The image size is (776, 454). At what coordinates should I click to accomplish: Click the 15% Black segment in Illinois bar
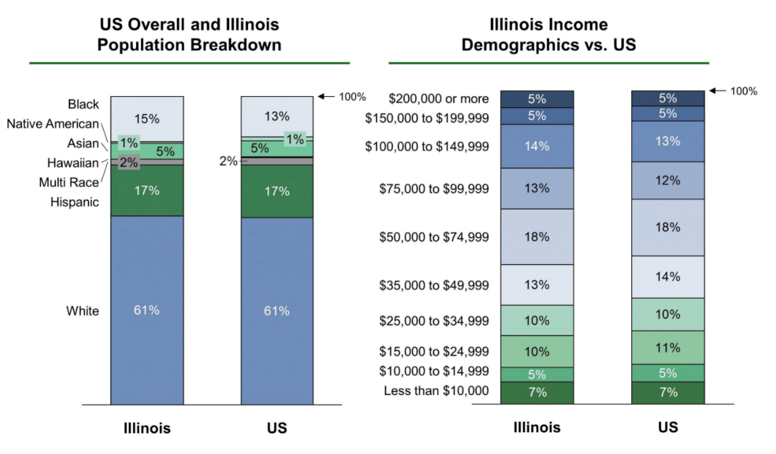click(146, 117)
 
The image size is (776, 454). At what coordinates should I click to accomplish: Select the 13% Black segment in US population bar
click(277, 116)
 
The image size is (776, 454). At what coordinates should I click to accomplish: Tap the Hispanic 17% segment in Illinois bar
click(146, 191)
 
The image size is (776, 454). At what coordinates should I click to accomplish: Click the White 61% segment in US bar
click(277, 311)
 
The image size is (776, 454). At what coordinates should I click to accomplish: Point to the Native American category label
click(52, 124)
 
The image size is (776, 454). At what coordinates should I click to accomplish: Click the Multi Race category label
click(69, 182)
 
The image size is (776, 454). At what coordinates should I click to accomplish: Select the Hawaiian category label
click(73, 163)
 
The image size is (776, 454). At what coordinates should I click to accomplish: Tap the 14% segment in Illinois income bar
click(537, 146)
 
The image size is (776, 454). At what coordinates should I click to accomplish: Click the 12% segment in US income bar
click(668, 180)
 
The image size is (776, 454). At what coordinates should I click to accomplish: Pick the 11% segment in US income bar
click(668, 348)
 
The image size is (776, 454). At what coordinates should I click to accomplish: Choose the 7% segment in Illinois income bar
click(537, 392)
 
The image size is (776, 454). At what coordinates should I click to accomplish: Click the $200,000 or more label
click(439, 98)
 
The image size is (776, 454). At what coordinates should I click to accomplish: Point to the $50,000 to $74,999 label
click(434, 236)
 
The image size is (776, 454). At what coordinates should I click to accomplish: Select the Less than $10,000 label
click(436, 391)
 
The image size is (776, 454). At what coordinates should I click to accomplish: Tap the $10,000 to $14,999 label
click(434, 371)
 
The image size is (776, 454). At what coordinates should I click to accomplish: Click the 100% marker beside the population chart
click(353, 97)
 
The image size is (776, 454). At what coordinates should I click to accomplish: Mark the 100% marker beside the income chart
click(743, 91)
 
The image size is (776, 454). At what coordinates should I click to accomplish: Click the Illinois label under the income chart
click(537, 427)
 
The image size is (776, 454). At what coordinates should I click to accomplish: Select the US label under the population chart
click(277, 428)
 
